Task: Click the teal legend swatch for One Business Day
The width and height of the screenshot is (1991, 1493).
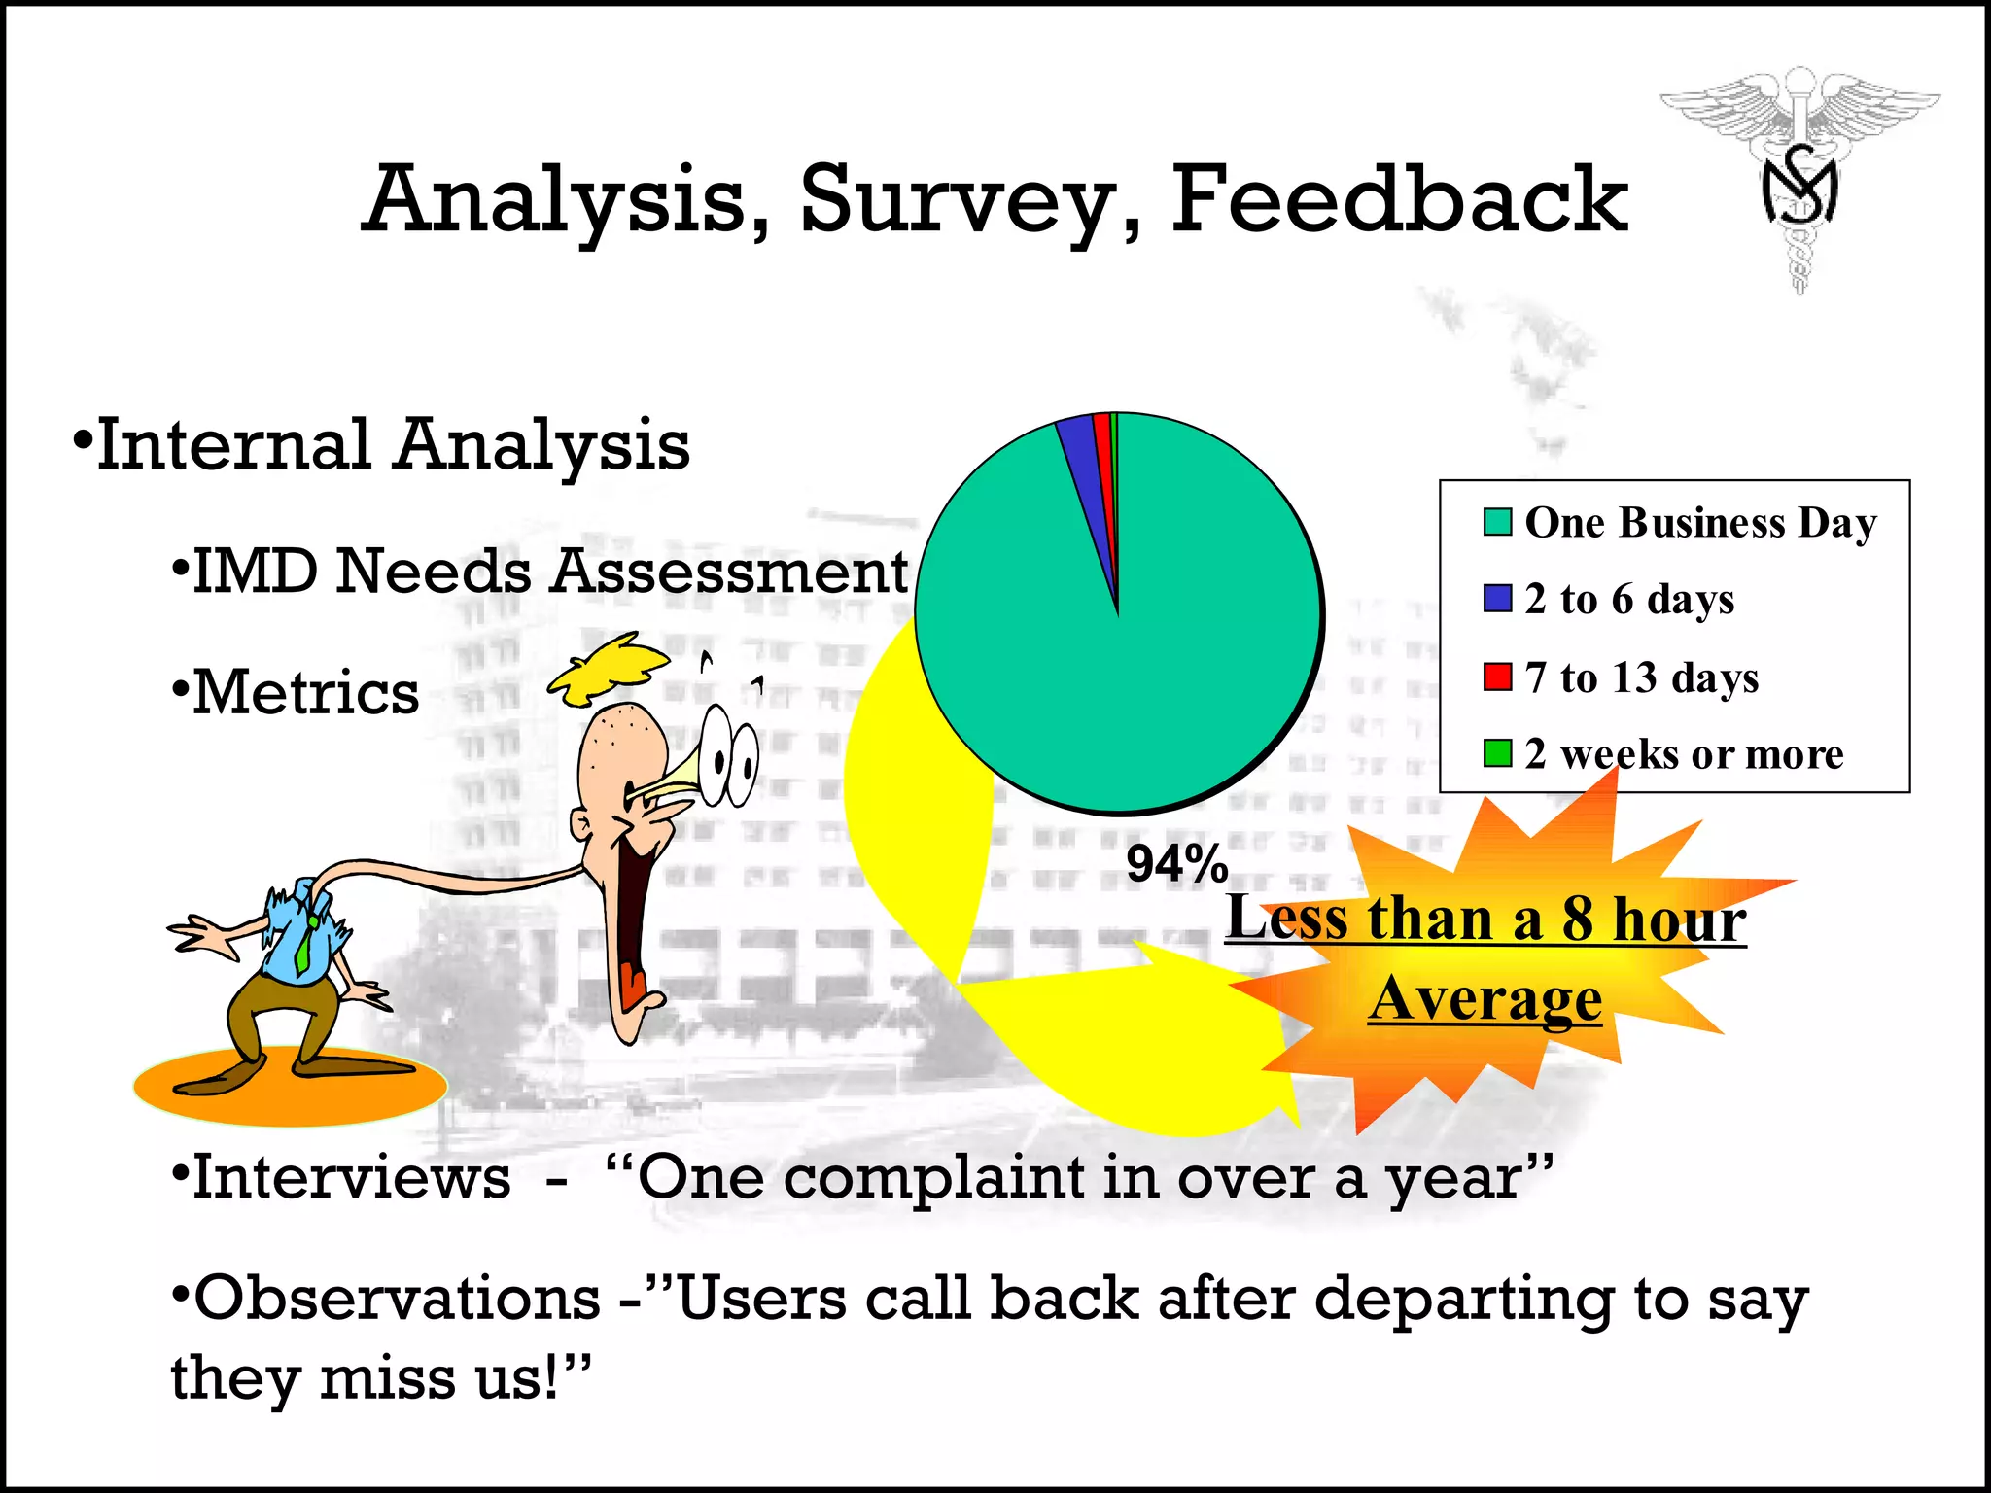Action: pyautogui.click(x=1497, y=522)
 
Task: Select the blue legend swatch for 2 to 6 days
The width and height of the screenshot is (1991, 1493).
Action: pyautogui.click(x=1497, y=599)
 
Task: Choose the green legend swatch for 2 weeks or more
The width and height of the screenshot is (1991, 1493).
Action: pyautogui.click(x=1497, y=753)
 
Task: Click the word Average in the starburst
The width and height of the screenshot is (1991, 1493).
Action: pyautogui.click(x=1485, y=998)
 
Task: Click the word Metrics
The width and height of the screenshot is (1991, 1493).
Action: pyautogui.click(x=306, y=693)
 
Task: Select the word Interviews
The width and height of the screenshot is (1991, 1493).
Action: pyautogui.click(x=351, y=1178)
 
